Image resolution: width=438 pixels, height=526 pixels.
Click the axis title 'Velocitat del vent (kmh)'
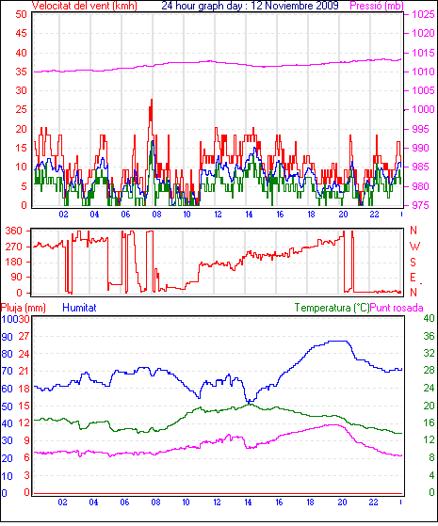tap(85, 6)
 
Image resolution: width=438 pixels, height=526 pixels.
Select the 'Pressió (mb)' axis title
tap(377, 6)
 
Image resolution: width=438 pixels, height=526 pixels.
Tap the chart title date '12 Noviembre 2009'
tap(295, 6)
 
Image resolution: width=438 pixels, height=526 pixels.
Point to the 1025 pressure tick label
tap(423, 14)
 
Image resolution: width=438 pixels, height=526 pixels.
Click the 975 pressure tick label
tap(420, 205)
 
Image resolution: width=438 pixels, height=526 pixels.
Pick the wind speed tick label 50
tap(21, 14)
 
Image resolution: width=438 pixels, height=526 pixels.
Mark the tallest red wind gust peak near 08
tap(152, 101)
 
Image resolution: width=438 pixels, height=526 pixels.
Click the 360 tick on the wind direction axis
tap(14, 231)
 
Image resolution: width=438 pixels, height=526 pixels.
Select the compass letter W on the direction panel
tap(414, 247)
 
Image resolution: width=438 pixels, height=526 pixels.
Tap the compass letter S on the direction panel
tap(414, 262)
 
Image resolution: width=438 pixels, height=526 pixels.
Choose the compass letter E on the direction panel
tap(414, 278)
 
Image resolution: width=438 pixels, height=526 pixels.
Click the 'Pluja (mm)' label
tap(24, 308)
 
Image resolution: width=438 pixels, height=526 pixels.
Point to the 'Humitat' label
tap(79, 308)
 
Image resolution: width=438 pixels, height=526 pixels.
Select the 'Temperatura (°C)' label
tap(332, 308)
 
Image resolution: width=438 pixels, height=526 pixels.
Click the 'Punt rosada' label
tap(397, 308)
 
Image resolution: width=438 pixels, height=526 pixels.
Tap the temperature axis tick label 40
tap(429, 318)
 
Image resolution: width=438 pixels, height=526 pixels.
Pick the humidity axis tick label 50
tap(7, 406)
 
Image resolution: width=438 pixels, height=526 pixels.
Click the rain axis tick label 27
tap(24, 336)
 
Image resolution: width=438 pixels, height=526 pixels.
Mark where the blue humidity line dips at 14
tap(250, 401)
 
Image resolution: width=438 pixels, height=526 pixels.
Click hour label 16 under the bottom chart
tap(279, 502)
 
